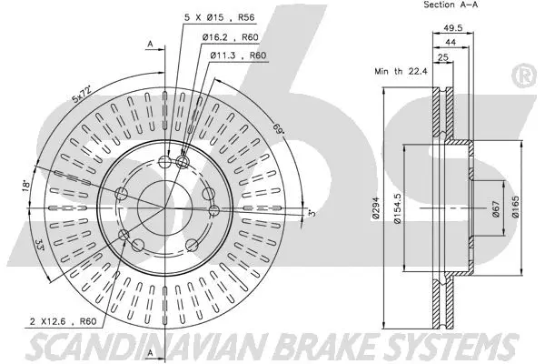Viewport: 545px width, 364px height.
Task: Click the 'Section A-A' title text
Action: coord(451,5)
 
